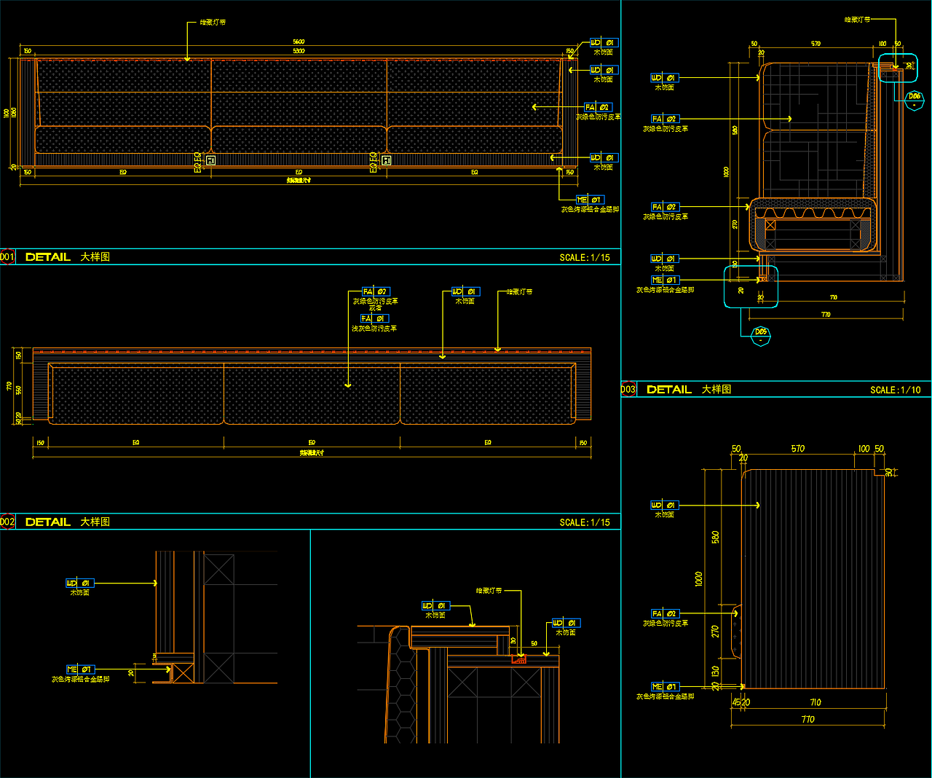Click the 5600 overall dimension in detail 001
click(299, 42)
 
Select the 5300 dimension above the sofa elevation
click(299, 51)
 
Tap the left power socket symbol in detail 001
click(210, 160)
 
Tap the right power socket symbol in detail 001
click(387, 160)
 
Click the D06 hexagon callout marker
click(914, 100)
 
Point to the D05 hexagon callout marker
click(760, 336)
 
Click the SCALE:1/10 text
click(895, 390)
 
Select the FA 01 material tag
click(375, 318)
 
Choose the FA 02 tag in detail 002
click(376, 291)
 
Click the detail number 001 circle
click(7, 257)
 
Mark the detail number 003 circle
click(628, 390)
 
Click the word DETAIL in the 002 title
click(48, 522)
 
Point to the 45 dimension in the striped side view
click(736, 702)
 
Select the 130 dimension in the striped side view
click(716, 671)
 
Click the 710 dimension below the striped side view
click(815, 703)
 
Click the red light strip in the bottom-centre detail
click(519, 659)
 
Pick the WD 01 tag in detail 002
click(465, 291)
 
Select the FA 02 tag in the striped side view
click(665, 614)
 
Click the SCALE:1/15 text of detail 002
click(585, 523)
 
